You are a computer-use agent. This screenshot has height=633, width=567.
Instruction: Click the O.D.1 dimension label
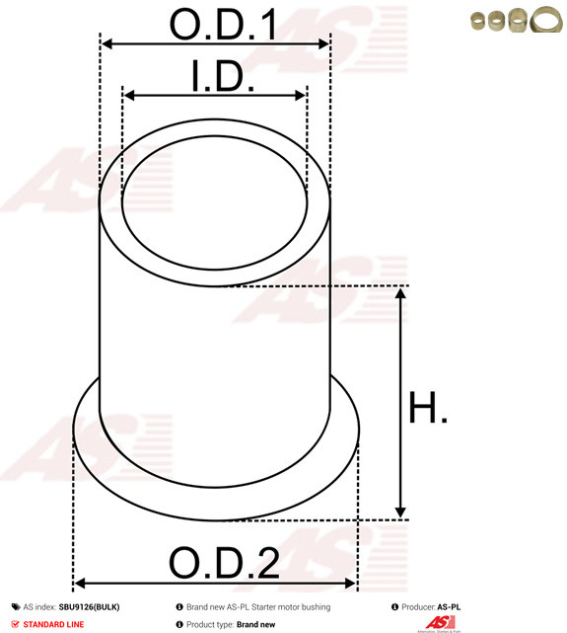[x=223, y=25]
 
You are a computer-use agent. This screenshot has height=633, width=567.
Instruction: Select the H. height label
[x=429, y=408]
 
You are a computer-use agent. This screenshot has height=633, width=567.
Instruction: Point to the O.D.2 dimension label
[x=224, y=563]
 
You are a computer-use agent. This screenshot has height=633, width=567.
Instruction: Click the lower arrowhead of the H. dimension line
[x=400, y=511]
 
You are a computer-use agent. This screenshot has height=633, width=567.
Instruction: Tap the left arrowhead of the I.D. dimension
[x=128, y=96]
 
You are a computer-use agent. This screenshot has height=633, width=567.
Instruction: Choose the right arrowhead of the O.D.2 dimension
[x=351, y=584]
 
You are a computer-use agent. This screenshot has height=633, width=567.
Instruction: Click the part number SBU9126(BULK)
[x=90, y=607]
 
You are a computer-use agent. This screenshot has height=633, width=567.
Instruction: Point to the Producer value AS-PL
[x=449, y=607]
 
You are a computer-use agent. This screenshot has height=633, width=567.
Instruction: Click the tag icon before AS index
[x=16, y=607]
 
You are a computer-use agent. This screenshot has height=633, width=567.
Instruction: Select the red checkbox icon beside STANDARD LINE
[x=16, y=624]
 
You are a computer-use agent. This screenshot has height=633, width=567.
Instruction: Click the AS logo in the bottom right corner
[x=439, y=622]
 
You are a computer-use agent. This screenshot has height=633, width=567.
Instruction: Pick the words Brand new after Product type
[x=255, y=624]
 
